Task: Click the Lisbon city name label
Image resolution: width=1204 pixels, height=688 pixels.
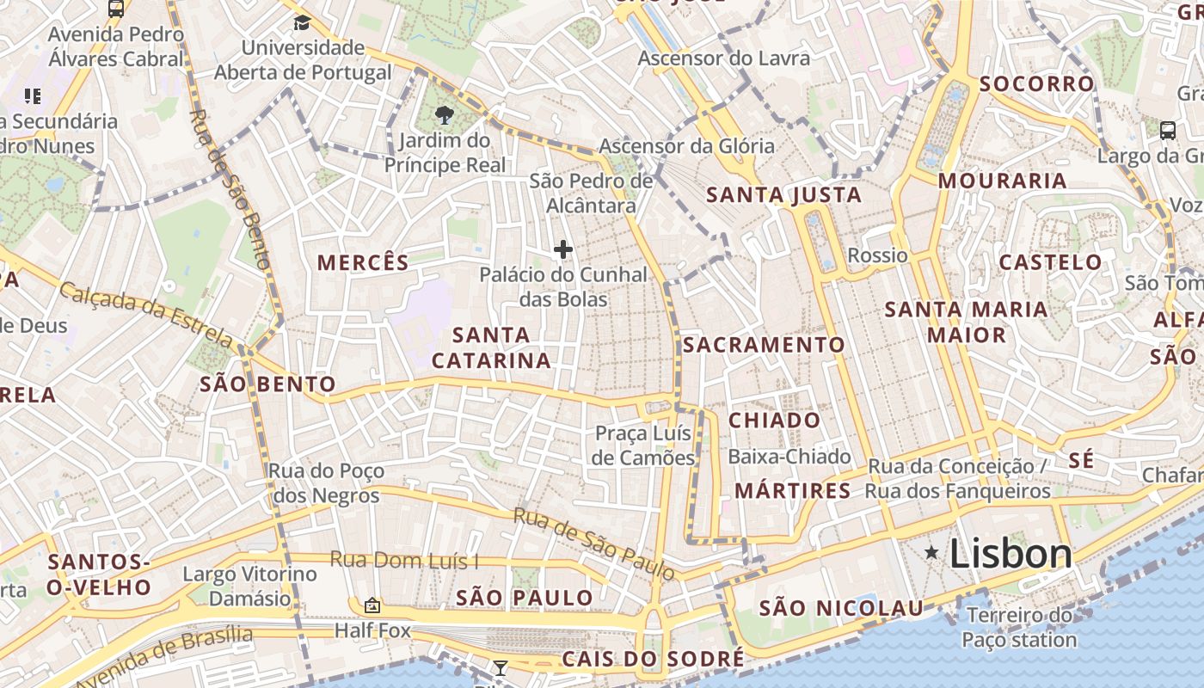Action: (1010, 554)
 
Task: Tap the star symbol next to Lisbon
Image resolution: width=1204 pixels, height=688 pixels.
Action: (931, 553)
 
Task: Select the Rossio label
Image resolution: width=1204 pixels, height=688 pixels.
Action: (877, 255)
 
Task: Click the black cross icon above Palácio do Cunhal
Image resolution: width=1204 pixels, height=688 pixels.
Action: (563, 250)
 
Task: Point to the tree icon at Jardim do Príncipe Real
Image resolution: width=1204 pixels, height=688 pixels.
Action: (444, 114)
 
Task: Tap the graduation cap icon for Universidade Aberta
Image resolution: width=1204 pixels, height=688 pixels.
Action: (302, 22)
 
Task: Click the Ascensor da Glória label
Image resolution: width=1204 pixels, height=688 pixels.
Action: (686, 146)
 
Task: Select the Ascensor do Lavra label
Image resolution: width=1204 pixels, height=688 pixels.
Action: (723, 58)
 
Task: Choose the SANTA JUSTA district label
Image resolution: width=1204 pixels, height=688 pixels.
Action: (783, 195)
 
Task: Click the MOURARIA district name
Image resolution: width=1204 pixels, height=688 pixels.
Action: (1002, 181)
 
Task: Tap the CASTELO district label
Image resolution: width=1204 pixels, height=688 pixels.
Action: (1050, 262)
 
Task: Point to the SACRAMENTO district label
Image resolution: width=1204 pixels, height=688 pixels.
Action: (764, 345)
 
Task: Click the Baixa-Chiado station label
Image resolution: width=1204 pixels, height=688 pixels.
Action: (789, 457)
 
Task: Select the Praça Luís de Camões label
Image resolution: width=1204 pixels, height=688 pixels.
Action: (644, 446)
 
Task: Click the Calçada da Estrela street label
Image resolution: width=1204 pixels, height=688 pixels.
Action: (145, 315)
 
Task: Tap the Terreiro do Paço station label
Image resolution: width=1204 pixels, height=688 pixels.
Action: (1019, 628)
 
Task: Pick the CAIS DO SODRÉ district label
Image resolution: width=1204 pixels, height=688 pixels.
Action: (653, 660)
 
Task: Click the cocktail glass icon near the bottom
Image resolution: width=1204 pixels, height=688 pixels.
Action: (500, 667)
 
